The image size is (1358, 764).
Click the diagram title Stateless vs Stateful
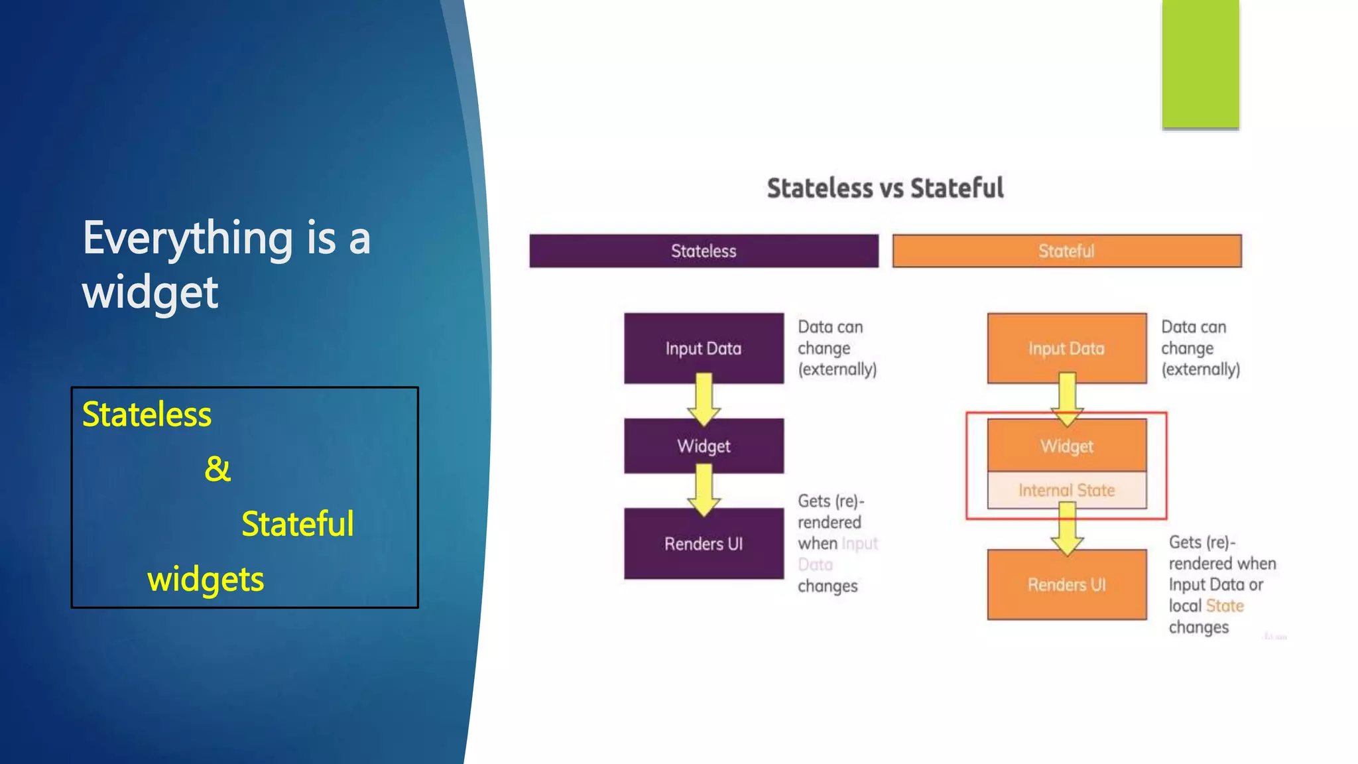[x=885, y=188]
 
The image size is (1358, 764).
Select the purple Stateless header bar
[x=704, y=251]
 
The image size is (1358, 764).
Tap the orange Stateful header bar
[x=1066, y=251]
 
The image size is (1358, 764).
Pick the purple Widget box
[x=704, y=446]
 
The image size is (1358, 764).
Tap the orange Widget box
[x=1066, y=446]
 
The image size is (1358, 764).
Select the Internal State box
[x=1066, y=490]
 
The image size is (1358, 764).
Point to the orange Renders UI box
[x=1066, y=585]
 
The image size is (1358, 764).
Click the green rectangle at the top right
[x=1200, y=64]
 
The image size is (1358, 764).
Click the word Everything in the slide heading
[x=188, y=238]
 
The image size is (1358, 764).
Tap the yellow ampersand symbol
[x=217, y=469]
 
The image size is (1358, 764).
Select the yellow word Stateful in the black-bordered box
[x=297, y=524]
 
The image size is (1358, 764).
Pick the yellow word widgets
[x=205, y=579]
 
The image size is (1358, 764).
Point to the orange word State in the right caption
[x=1224, y=605]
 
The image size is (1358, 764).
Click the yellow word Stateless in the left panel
[x=147, y=414]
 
